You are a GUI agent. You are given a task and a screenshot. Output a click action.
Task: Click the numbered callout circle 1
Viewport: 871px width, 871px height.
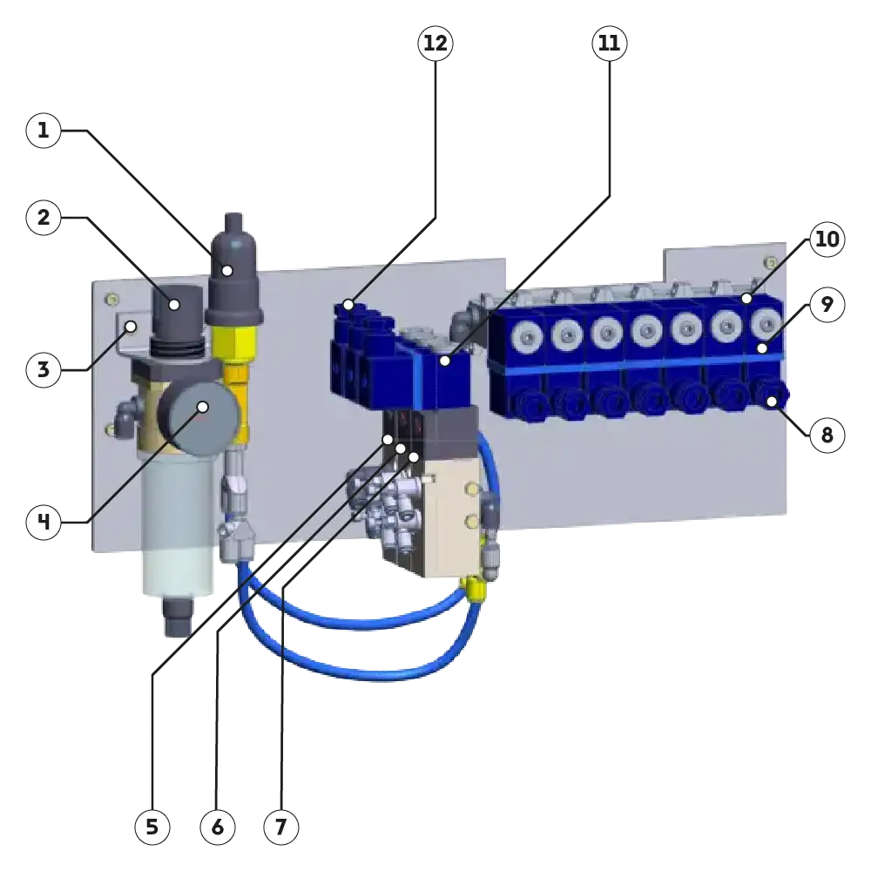[x=44, y=132]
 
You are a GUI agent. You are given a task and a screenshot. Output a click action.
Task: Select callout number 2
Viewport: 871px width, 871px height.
[x=44, y=218]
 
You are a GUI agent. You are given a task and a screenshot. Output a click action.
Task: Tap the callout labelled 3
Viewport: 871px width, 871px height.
[x=44, y=370]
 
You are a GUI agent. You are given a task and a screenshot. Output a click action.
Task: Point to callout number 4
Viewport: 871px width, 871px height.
[x=44, y=523]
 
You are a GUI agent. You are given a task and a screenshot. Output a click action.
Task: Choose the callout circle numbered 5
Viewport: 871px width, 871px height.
[x=152, y=827]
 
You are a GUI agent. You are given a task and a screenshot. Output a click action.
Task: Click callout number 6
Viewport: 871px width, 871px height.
[x=218, y=827]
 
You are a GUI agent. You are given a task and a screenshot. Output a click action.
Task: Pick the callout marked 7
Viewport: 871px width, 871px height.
[x=280, y=827]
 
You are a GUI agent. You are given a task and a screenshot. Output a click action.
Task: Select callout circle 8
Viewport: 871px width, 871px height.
[x=827, y=435]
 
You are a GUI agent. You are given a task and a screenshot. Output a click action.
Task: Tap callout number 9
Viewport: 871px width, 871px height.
[x=827, y=305]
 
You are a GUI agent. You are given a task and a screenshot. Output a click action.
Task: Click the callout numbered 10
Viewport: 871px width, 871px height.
[x=827, y=240]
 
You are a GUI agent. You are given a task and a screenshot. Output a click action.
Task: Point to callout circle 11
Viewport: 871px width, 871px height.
[x=609, y=44]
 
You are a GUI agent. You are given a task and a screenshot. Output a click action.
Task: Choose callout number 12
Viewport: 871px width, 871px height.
[x=435, y=44]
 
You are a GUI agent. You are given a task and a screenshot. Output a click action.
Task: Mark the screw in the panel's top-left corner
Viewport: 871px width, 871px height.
[x=111, y=300]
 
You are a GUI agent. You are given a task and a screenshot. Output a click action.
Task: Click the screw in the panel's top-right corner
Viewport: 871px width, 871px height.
[x=768, y=261]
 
